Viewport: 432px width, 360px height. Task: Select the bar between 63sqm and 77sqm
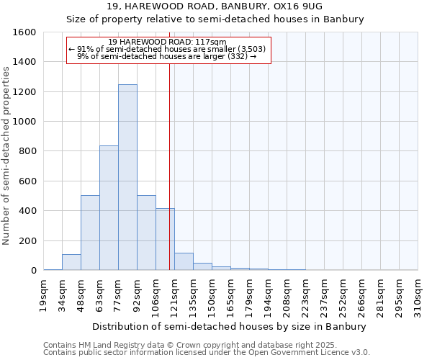pyautogui.click(x=109, y=208)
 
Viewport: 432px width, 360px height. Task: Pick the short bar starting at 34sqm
pyautogui.click(x=71, y=262)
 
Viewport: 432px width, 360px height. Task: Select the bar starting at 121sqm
pyautogui.click(x=184, y=261)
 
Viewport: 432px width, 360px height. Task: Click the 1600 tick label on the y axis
pyautogui.click(x=24, y=32)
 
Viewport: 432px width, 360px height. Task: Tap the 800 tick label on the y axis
pyautogui.click(x=27, y=151)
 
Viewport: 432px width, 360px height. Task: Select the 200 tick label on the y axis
pyautogui.click(x=27, y=240)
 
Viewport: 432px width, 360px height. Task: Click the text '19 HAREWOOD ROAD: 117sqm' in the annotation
pyautogui.click(x=168, y=42)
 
